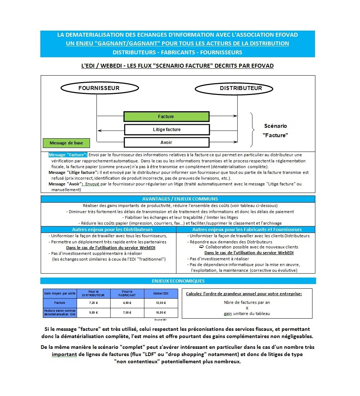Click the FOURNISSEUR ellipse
click(99, 88)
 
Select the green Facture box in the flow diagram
click(166, 117)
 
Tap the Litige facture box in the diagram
click(167, 130)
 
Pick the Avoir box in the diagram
click(167, 143)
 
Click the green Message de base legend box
click(66, 143)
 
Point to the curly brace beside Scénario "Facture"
click(253, 130)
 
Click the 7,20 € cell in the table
click(93, 303)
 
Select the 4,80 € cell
click(127, 303)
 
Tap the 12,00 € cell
click(161, 303)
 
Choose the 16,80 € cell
click(161, 312)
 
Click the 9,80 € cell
click(93, 312)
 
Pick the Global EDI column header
click(161, 293)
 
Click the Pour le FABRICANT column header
click(127, 293)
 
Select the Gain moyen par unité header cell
click(60, 293)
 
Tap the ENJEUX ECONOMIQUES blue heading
click(178, 281)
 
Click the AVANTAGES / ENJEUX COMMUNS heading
click(178, 199)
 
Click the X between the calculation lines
click(247, 308)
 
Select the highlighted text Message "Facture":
click(68, 155)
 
